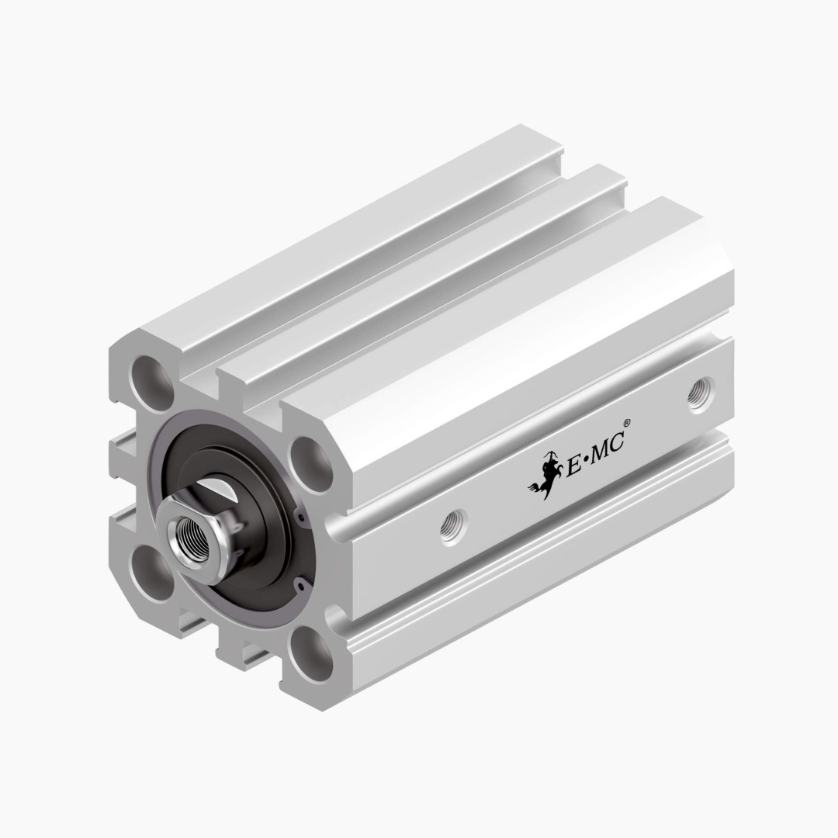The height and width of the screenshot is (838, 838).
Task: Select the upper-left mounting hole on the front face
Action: (x=153, y=382)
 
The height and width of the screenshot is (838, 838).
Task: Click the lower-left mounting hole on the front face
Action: (x=151, y=573)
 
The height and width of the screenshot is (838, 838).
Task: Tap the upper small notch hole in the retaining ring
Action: (x=299, y=516)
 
